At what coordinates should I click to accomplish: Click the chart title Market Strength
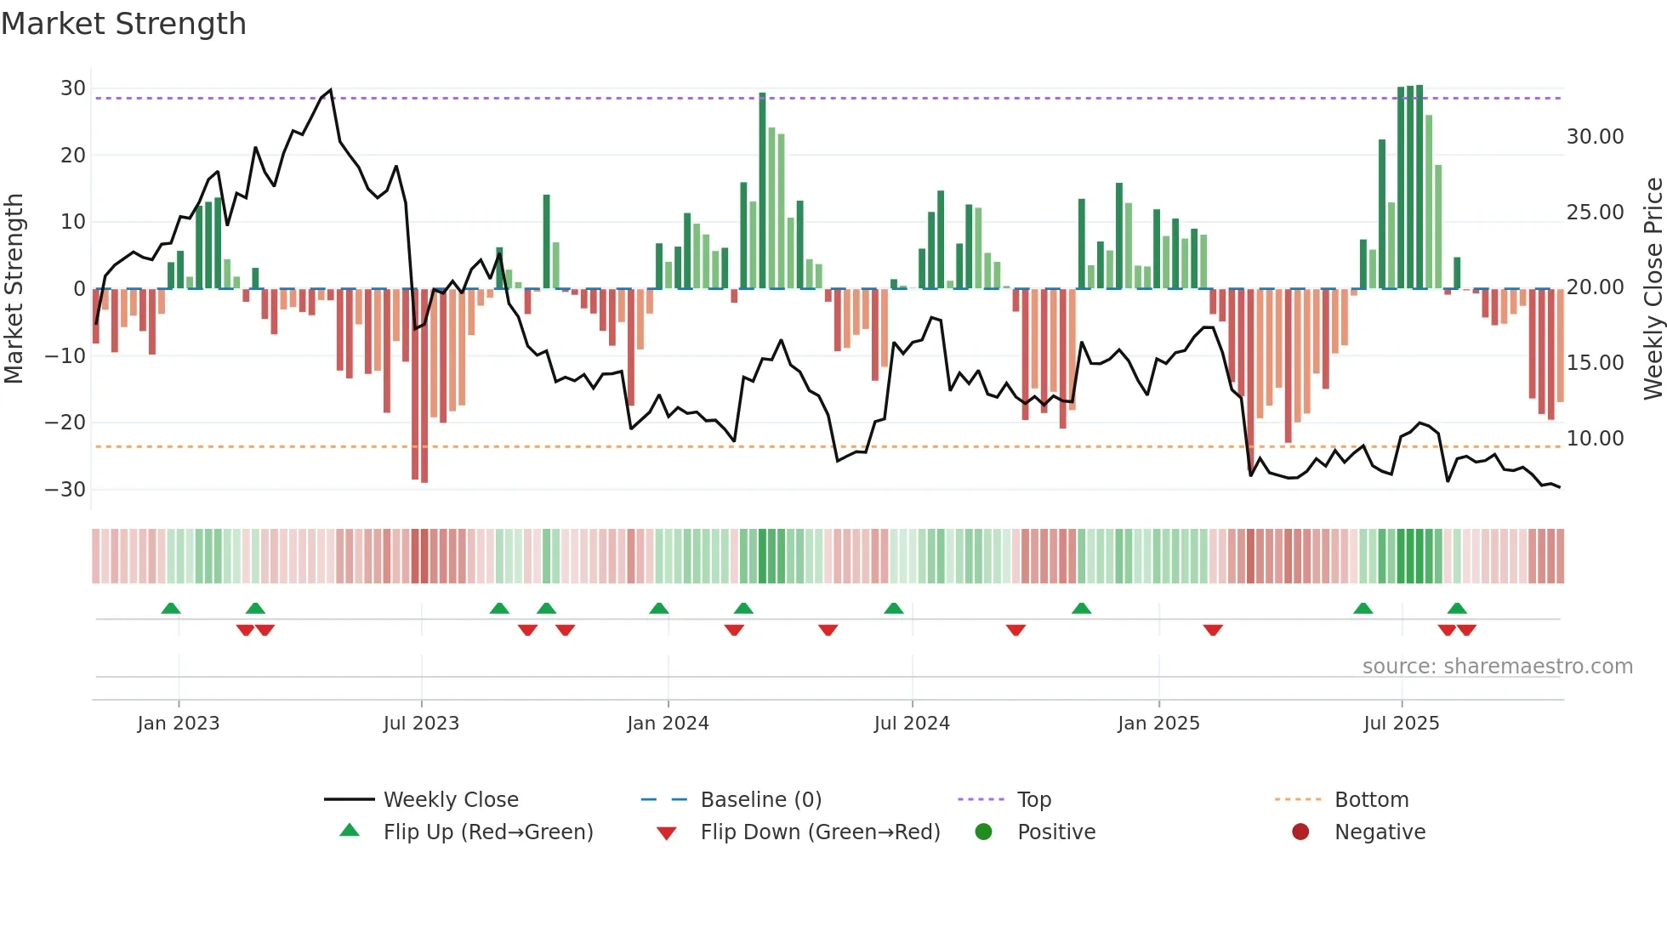[x=123, y=24]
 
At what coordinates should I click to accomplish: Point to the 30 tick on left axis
[x=73, y=88]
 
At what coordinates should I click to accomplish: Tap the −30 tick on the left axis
[x=65, y=490]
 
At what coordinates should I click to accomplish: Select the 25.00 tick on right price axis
[x=1595, y=213]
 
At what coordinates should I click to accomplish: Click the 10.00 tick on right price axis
[x=1595, y=439]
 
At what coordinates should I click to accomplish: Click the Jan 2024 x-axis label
[x=668, y=724]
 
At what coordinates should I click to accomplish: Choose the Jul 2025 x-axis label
[x=1401, y=724]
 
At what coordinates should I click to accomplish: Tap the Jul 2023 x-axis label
[x=421, y=724]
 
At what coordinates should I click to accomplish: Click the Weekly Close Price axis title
[x=1653, y=289]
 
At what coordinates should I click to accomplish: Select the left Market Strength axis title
[x=14, y=289]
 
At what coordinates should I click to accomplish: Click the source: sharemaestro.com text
[x=1497, y=667]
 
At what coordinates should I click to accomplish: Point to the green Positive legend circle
[x=984, y=832]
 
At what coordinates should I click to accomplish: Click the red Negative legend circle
[x=1300, y=832]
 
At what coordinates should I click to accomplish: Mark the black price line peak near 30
[x=331, y=90]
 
